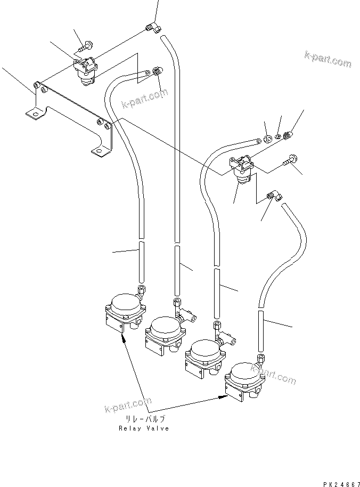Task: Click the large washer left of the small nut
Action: pyautogui.click(x=268, y=139)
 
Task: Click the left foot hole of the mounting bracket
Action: pyautogui.click(x=35, y=113)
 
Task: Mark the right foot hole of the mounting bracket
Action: pyautogui.click(x=97, y=152)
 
